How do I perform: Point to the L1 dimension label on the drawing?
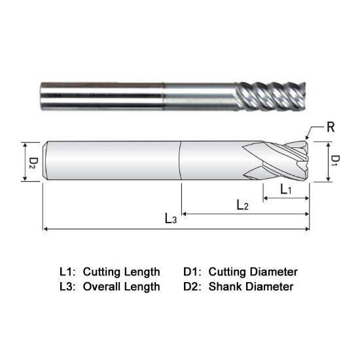(x=286, y=189)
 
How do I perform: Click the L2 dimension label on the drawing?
(x=242, y=205)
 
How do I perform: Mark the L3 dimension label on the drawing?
(x=171, y=219)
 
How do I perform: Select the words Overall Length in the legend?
(x=121, y=287)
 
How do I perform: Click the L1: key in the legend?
(x=68, y=271)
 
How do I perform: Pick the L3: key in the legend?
(x=68, y=287)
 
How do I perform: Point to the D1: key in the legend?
(x=193, y=271)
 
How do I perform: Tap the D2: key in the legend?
(x=193, y=287)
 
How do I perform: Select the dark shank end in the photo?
(x=98, y=96)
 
